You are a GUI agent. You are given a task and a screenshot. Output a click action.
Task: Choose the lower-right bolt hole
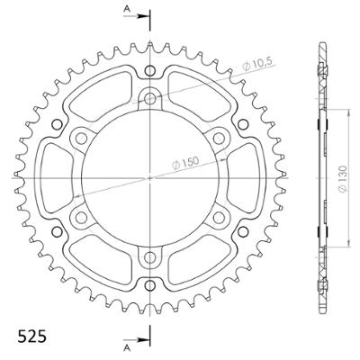click(217, 217)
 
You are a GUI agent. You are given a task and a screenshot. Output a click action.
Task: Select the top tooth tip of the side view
click(320, 44)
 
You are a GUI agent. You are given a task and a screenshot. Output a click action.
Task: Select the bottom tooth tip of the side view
click(320, 310)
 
